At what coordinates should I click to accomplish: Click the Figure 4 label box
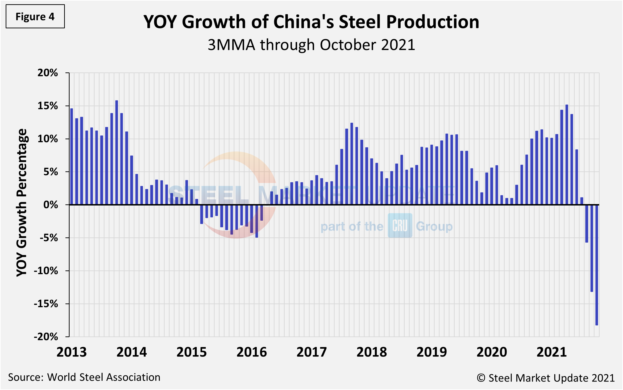coord(35,17)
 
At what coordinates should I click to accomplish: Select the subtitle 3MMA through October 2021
coord(311,45)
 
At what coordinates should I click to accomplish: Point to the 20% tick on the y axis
coord(48,73)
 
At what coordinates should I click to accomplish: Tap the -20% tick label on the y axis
coord(46,337)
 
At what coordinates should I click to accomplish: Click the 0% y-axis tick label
coord(50,205)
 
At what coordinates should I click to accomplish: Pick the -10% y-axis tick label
coord(46,271)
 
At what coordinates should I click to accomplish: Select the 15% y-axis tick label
coord(48,106)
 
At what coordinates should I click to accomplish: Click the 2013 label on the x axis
coord(72,352)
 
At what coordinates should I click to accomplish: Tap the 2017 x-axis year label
coord(312,352)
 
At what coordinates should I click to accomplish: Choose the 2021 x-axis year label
coord(552,352)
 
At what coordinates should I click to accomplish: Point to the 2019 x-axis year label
coord(432,352)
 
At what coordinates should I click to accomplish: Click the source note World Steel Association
coord(84,377)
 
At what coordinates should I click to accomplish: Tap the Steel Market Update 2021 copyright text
coord(546,378)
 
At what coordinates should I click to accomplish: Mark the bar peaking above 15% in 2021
coord(567,155)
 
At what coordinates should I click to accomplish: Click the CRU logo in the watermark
coord(400,226)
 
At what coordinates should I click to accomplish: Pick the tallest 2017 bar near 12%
coord(352,164)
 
